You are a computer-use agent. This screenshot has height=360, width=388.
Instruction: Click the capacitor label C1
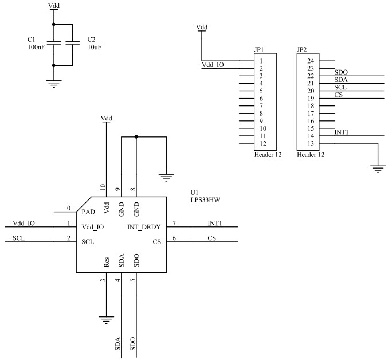pyautogui.click(x=32, y=39)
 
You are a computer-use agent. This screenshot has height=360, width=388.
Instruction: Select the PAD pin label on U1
pyautogui.click(x=88, y=212)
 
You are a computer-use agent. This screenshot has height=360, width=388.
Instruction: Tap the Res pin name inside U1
pyautogui.click(x=107, y=263)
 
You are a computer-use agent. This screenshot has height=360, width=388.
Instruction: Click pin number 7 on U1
pyautogui.click(x=174, y=222)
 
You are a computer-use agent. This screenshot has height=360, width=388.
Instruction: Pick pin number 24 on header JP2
pyautogui.click(x=311, y=61)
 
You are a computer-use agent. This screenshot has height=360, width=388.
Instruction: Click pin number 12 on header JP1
pyautogui.click(x=261, y=143)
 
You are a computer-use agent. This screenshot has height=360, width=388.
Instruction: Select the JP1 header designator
pyautogui.click(x=260, y=50)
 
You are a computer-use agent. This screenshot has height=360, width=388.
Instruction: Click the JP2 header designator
pyautogui.click(x=302, y=50)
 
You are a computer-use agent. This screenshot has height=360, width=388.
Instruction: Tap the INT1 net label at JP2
pyautogui.click(x=342, y=132)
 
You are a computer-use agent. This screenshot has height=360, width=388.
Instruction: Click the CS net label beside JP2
pyautogui.click(x=338, y=95)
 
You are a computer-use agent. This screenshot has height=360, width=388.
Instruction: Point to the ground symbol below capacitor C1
pyautogui.click(x=53, y=84)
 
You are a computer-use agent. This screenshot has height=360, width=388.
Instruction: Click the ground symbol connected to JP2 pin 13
pyautogui.click(x=377, y=167)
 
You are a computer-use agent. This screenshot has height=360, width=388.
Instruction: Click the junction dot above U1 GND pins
pyautogui.click(x=136, y=137)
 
